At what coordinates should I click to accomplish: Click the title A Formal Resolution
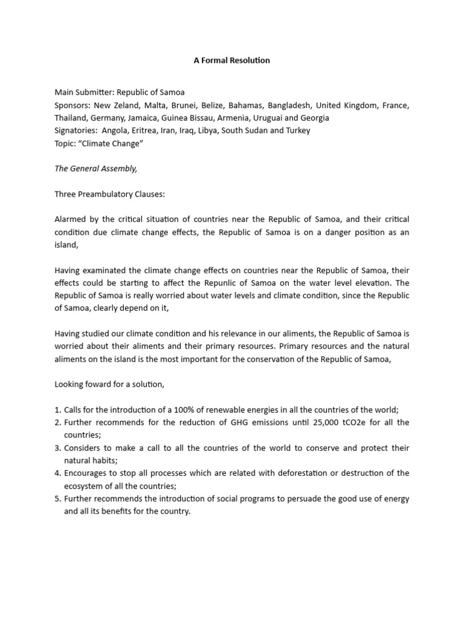click(232, 60)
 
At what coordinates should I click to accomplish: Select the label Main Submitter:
click(84, 92)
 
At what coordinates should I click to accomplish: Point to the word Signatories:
click(76, 131)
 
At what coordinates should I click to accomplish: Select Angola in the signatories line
click(116, 131)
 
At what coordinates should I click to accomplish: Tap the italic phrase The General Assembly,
click(96, 169)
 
